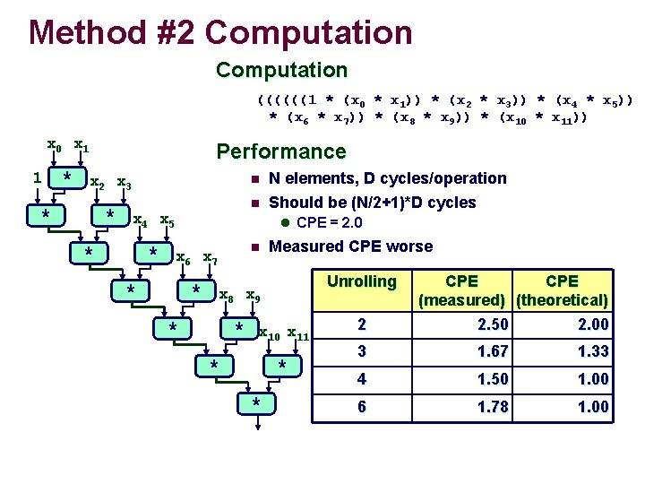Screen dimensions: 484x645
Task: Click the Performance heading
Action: click(x=280, y=151)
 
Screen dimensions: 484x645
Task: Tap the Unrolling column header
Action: click(x=361, y=281)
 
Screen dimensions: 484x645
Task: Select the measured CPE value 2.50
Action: click(x=492, y=324)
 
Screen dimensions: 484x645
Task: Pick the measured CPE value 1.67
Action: click(x=492, y=351)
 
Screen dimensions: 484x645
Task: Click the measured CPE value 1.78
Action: click(x=492, y=407)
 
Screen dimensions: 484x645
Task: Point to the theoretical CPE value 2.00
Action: click(x=592, y=324)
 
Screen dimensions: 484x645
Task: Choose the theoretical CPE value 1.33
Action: click(x=592, y=351)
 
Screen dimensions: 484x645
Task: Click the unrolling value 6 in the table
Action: click(x=362, y=407)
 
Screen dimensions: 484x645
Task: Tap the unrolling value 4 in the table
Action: click(x=362, y=379)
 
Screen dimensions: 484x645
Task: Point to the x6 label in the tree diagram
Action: click(x=183, y=259)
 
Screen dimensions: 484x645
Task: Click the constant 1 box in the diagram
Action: click(x=37, y=177)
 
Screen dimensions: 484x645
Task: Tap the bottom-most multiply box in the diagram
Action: click(x=256, y=402)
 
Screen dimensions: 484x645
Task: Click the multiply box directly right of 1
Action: click(x=66, y=177)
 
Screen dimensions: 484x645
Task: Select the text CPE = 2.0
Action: click(x=329, y=222)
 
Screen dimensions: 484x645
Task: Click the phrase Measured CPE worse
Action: click(x=350, y=246)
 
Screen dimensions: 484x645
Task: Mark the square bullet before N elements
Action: click(x=254, y=179)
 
